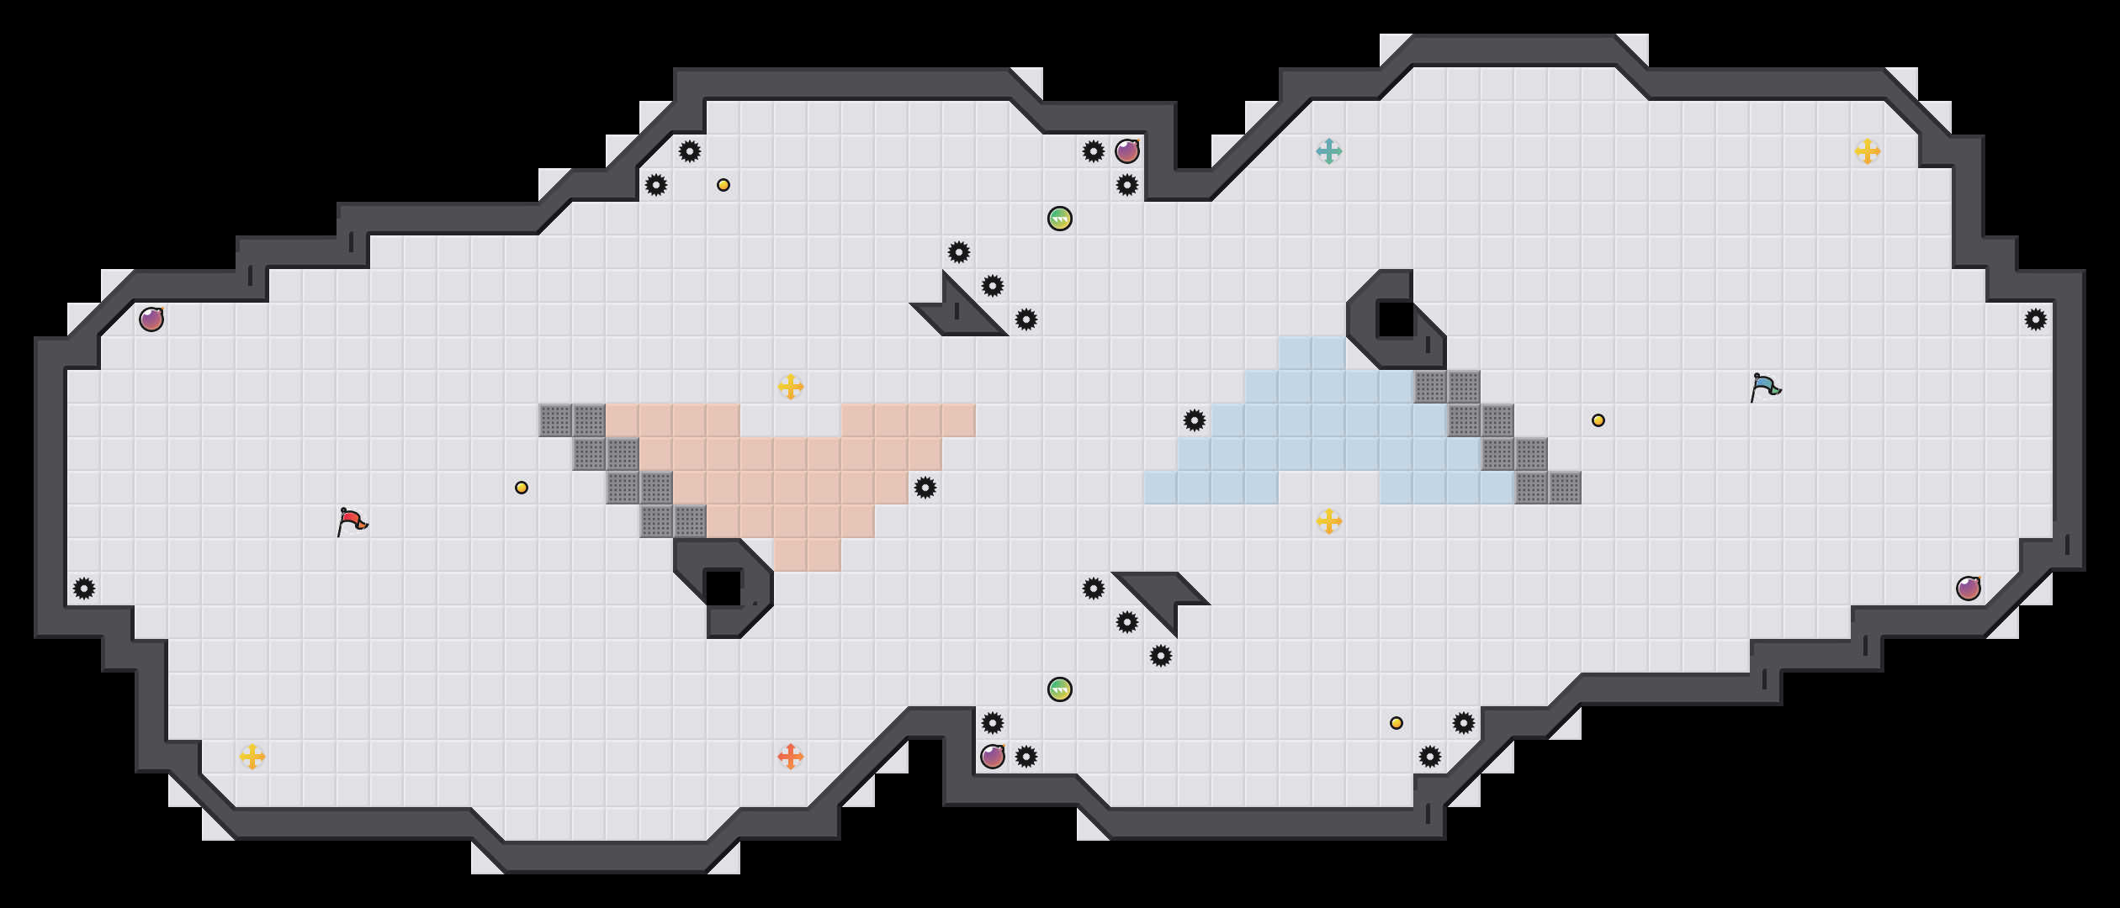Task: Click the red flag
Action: point(352,521)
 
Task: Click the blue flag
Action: point(1765,387)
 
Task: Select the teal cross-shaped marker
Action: point(1329,151)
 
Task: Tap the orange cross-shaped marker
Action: point(791,757)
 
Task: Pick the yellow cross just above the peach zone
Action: point(791,387)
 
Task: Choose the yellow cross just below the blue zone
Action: point(1329,521)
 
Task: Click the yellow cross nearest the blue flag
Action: point(1868,151)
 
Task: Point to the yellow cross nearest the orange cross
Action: point(252,757)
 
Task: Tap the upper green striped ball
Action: point(1060,219)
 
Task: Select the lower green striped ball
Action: point(1060,689)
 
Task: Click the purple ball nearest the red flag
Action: point(151,319)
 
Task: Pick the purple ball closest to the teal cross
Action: point(1127,151)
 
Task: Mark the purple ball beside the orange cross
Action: point(993,757)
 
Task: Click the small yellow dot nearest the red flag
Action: point(522,488)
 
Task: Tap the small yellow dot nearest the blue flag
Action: point(1598,420)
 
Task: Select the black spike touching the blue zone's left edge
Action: point(1195,420)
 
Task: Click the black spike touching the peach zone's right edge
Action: point(925,488)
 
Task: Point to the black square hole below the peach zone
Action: point(722,587)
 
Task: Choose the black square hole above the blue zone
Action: point(1397,319)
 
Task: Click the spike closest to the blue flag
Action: point(2036,319)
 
